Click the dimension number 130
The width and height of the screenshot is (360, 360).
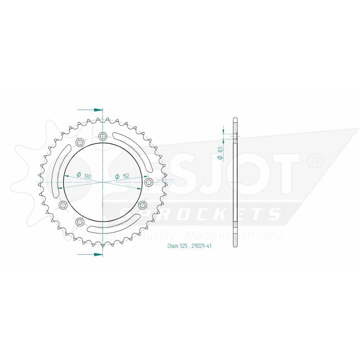[x=87, y=176]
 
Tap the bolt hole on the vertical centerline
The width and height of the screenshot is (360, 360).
[x=103, y=136]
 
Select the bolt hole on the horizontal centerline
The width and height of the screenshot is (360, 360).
[x=149, y=182]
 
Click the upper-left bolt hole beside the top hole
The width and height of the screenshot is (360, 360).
[x=80, y=142]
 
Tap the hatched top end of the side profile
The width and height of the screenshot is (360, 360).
[x=235, y=123]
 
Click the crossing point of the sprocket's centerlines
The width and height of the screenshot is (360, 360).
[x=103, y=182]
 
